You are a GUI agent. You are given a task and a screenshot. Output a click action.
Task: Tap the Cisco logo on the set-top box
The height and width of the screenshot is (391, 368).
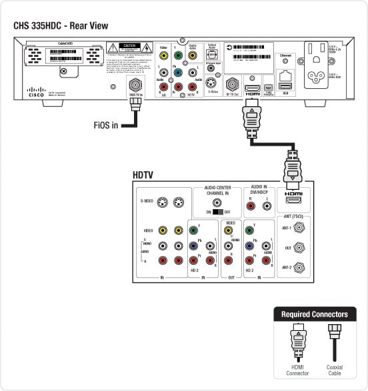[37, 91]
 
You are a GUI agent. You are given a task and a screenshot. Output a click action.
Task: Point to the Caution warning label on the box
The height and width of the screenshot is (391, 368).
[129, 48]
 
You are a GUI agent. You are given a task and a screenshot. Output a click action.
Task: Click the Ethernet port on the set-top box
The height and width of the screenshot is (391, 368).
[285, 75]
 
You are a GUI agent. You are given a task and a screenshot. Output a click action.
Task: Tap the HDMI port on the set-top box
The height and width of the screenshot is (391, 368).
[253, 88]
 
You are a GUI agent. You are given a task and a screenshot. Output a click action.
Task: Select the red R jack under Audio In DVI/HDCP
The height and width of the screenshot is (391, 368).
[250, 207]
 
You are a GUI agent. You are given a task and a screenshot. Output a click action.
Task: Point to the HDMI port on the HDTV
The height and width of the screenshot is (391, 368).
[293, 200]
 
